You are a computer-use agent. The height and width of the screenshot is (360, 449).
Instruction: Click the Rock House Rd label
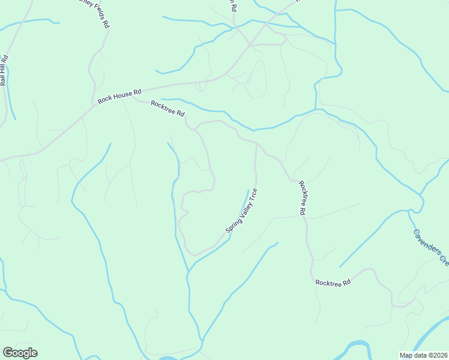pyautogui.click(x=119, y=96)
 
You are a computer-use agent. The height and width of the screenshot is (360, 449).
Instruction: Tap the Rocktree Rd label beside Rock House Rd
pyautogui.click(x=167, y=108)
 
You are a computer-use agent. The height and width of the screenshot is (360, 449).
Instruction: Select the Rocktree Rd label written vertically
pyautogui.click(x=303, y=197)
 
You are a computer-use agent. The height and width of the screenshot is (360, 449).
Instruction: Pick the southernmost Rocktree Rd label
pyautogui.click(x=333, y=282)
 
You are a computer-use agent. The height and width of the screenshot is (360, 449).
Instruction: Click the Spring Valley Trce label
pyautogui.click(x=241, y=211)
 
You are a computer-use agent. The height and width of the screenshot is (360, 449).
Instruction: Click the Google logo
pyautogui.click(x=20, y=353)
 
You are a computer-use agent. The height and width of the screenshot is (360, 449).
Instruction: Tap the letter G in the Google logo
pyautogui.click(x=8, y=353)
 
